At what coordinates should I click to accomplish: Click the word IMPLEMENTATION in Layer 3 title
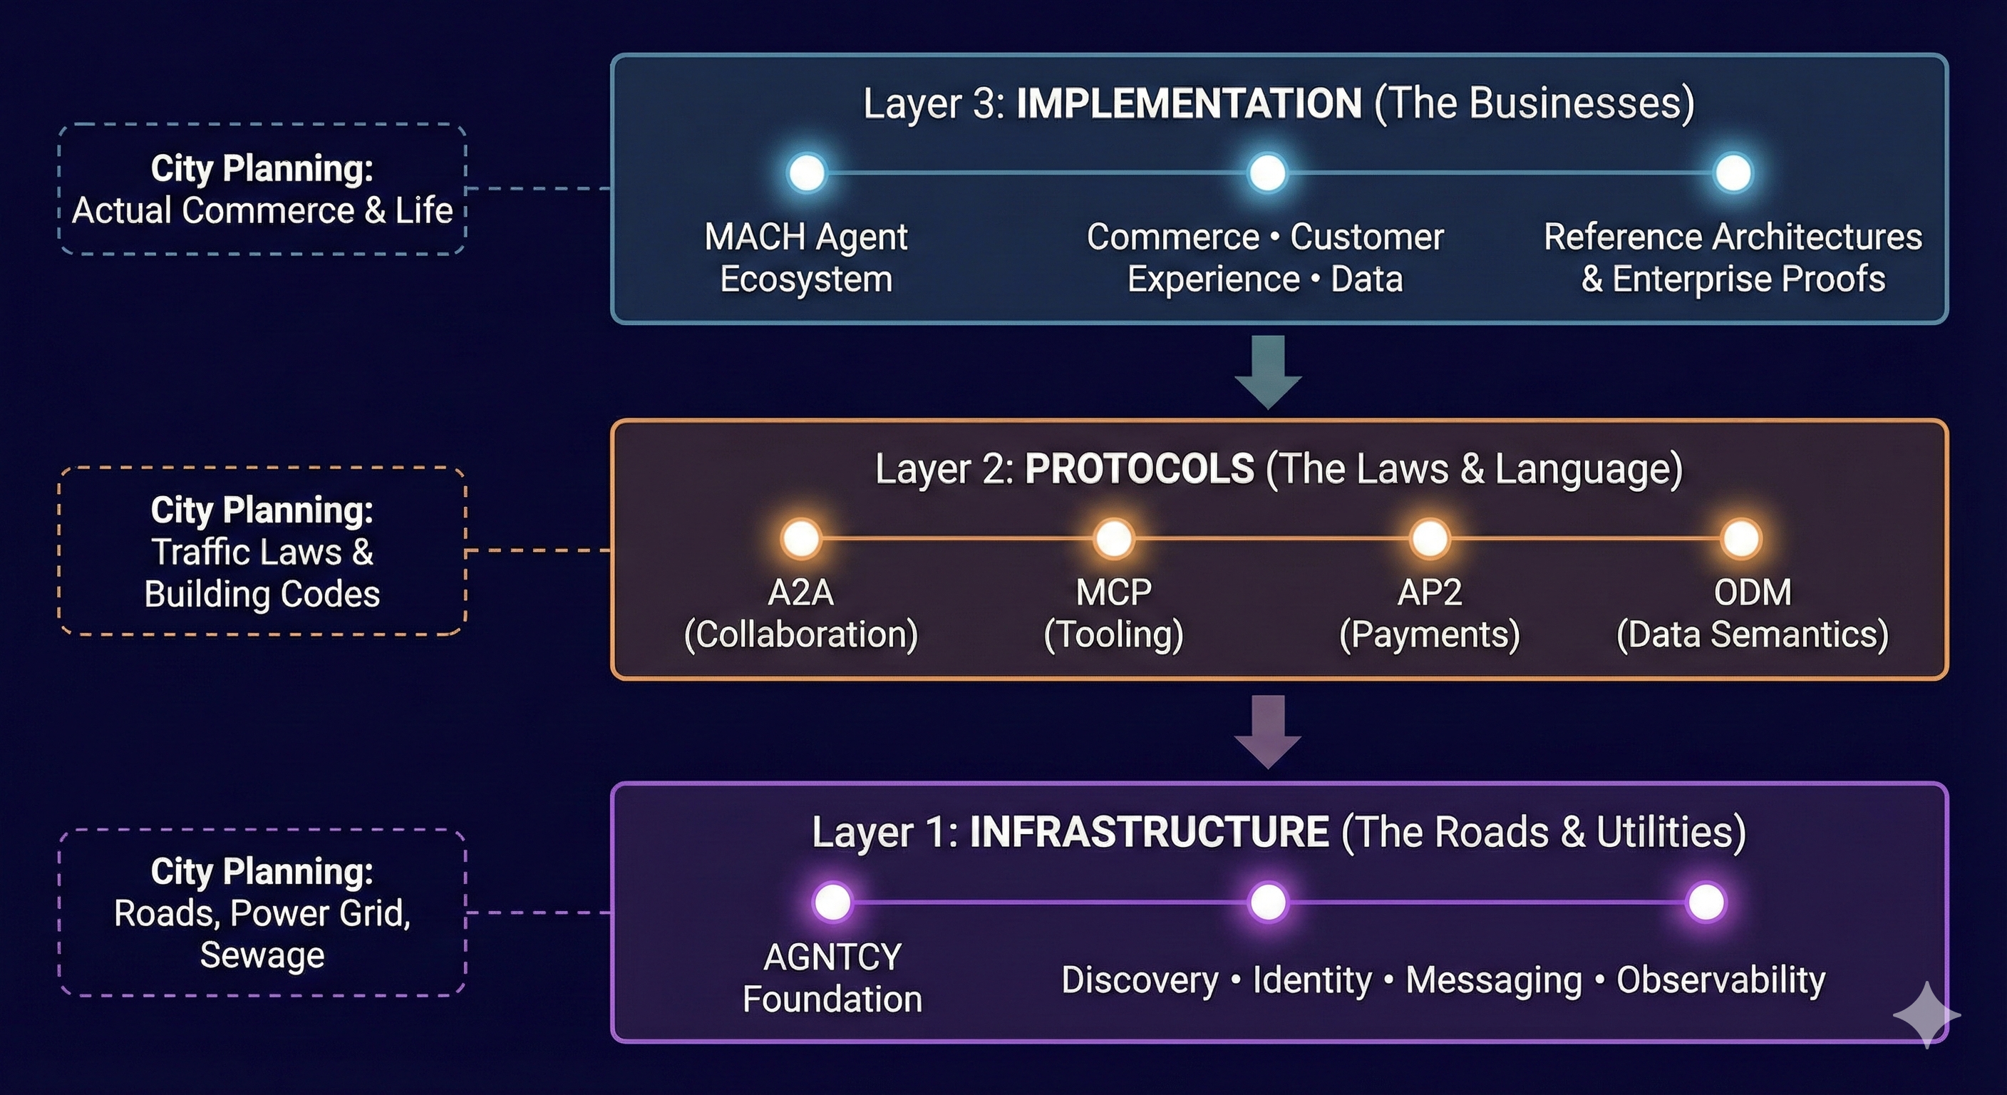[1189, 103]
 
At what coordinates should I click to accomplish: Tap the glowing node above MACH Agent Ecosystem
[806, 173]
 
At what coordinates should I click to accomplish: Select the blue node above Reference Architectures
[1733, 173]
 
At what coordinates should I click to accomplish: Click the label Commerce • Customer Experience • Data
[1265, 258]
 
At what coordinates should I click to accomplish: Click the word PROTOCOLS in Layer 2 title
[1139, 469]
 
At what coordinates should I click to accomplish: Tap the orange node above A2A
[801, 538]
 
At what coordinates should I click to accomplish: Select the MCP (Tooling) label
[1113, 613]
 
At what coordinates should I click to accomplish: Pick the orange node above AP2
[1430, 538]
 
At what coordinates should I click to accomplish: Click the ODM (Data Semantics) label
[1753, 613]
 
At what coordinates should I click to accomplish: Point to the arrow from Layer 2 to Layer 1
[1268, 731]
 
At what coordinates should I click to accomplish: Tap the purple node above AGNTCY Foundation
[832, 903]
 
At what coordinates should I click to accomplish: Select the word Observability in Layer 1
[1720, 980]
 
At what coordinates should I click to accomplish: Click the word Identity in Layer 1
[1312, 980]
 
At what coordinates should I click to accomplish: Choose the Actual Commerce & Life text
[262, 210]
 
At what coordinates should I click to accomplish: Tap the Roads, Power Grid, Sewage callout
[262, 913]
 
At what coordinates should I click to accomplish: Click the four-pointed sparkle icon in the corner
[1926, 1014]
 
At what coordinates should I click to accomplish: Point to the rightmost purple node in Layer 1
[1706, 903]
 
